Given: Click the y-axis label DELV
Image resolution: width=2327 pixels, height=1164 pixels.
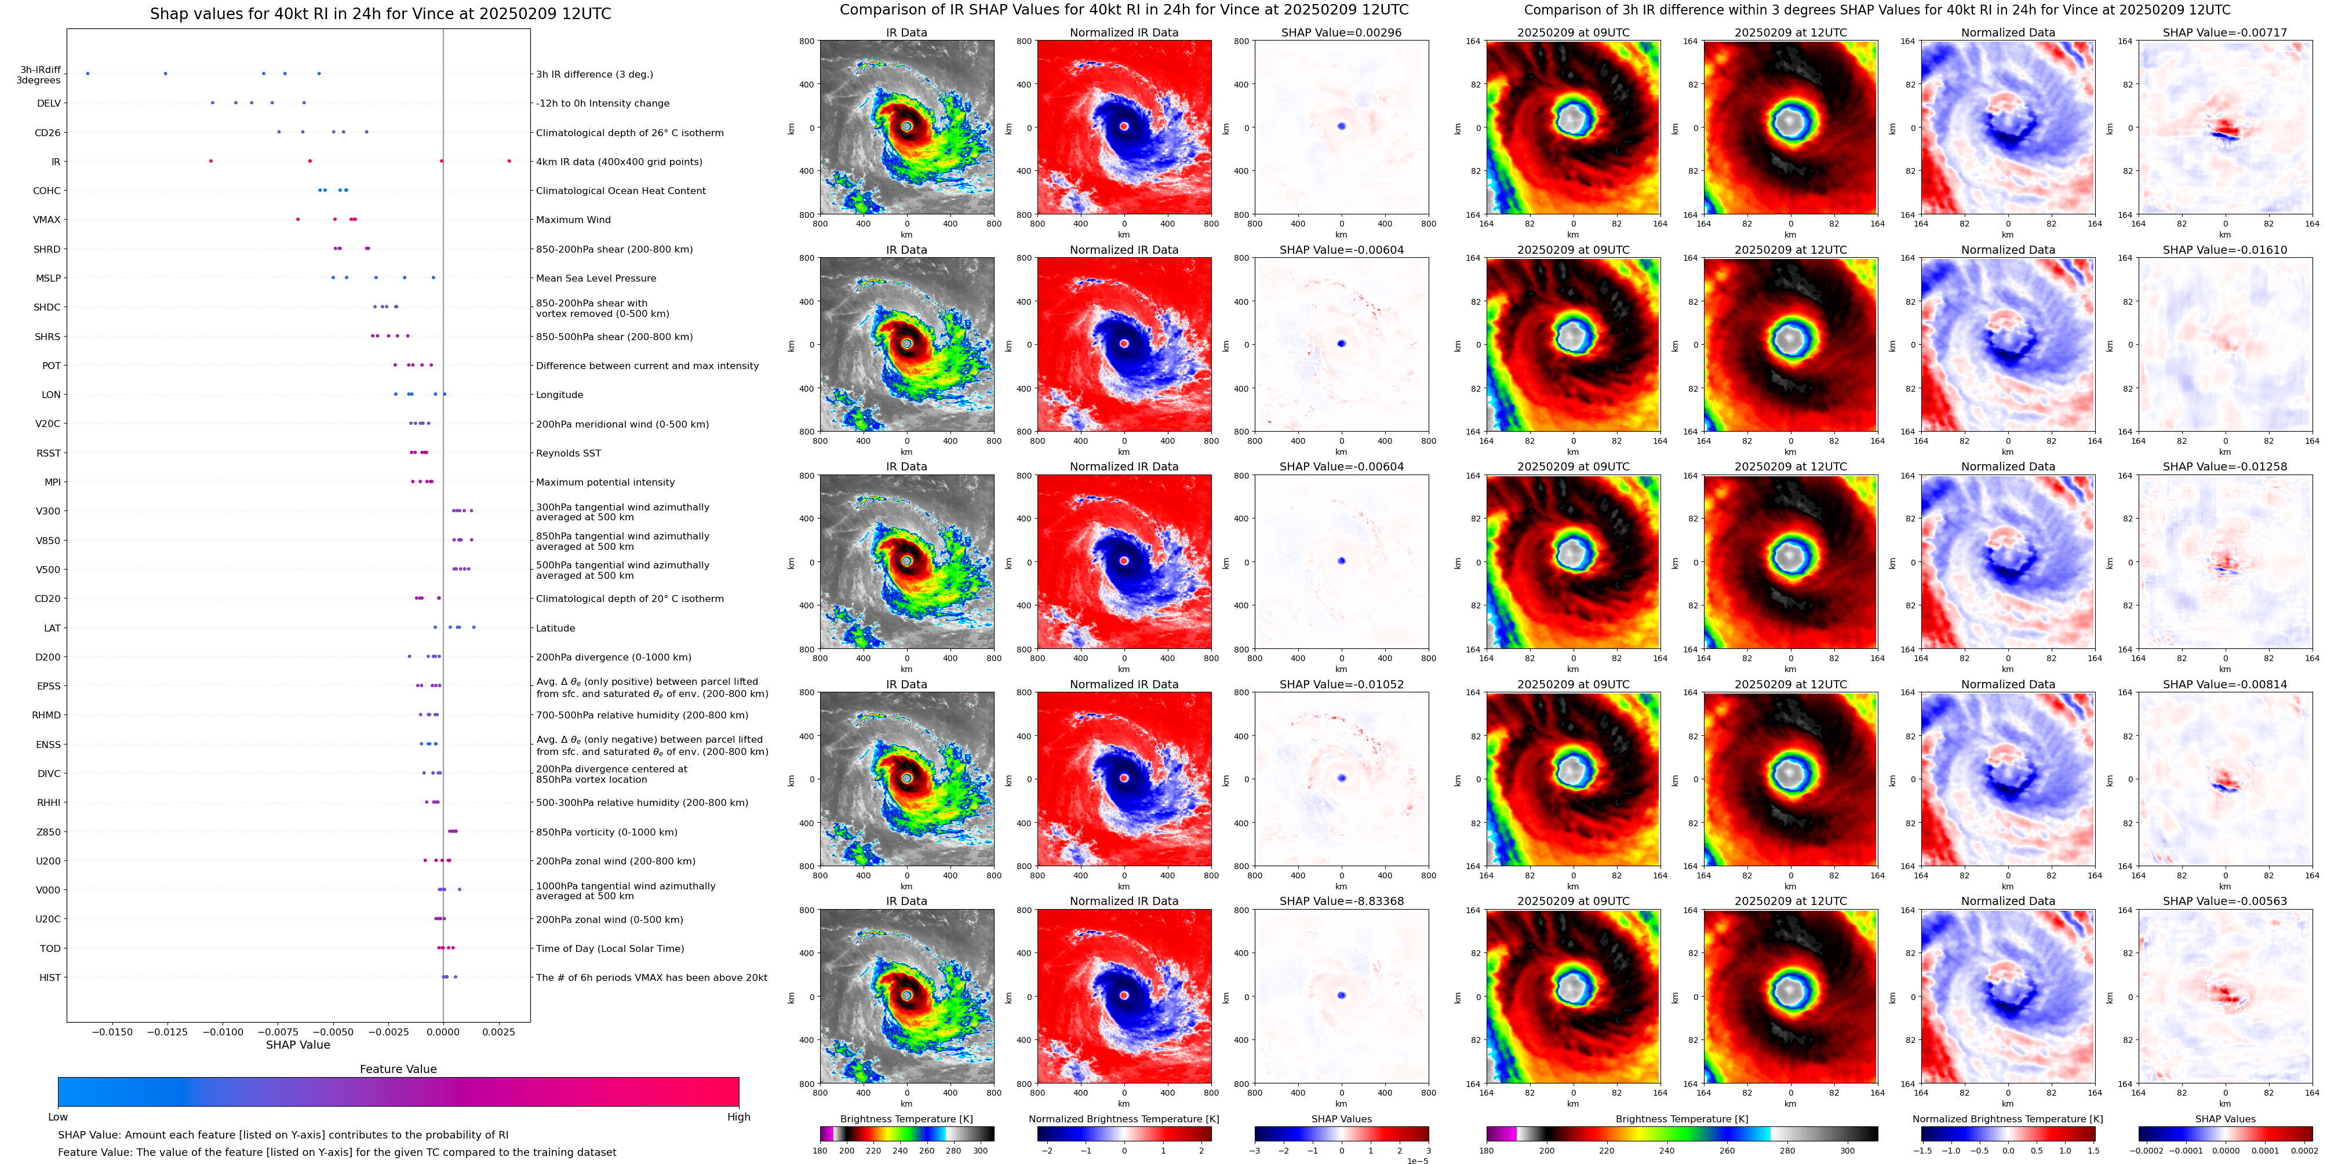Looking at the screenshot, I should point(49,104).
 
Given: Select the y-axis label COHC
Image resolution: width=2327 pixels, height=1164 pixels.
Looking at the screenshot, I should point(47,191).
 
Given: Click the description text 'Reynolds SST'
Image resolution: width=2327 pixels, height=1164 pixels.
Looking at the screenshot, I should point(568,453).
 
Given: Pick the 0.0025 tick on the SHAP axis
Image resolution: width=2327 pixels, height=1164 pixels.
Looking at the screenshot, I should point(498,1032).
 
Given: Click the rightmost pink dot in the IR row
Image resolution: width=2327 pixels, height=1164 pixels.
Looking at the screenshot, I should point(509,162).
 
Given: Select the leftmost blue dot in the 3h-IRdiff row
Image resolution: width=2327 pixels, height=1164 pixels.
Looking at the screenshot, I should point(88,74).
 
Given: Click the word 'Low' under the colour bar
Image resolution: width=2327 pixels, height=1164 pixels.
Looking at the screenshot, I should point(58,1117).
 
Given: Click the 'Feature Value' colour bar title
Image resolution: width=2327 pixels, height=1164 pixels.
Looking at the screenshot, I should point(398,1069).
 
